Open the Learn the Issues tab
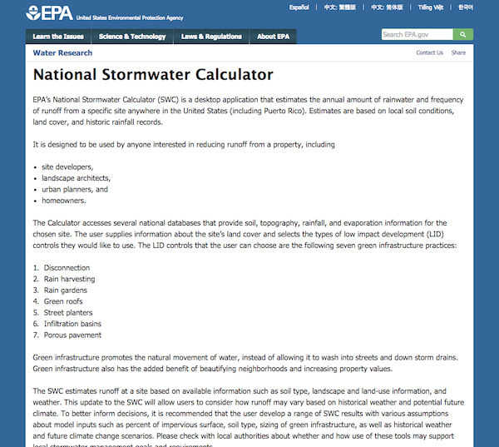click(58, 37)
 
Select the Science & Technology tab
click(132, 37)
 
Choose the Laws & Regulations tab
click(211, 37)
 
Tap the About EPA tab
click(273, 37)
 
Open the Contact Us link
click(429, 52)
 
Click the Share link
click(458, 52)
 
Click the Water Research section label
click(62, 52)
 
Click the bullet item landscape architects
click(76, 178)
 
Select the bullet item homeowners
click(64, 201)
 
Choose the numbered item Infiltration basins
click(73, 324)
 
